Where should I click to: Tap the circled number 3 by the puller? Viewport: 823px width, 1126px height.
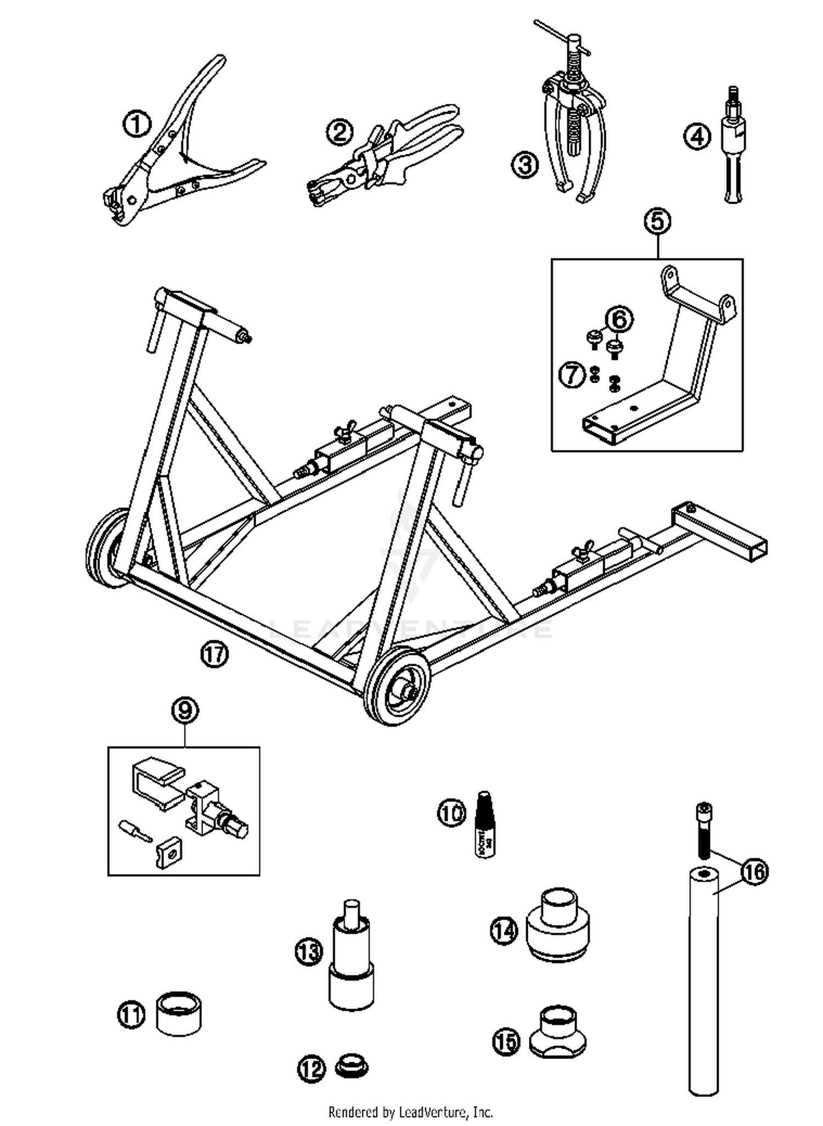pyautogui.click(x=525, y=164)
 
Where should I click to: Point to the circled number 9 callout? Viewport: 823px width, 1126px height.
pyautogui.click(x=184, y=711)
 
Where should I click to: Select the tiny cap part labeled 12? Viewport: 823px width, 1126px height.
pyautogui.click(x=351, y=1066)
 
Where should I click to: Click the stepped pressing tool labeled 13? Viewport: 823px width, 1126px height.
pyautogui.click(x=351, y=955)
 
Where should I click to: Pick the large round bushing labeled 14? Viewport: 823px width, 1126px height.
pyautogui.click(x=557, y=928)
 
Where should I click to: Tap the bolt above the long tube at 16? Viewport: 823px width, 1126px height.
pyautogui.click(x=704, y=829)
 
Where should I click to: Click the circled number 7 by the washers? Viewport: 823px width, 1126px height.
pyautogui.click(x=572, y=375)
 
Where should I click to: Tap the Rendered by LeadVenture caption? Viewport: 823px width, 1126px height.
pyautogui.click(x=410, y=1112)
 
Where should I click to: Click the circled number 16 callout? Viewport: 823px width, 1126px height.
pyautogui.click(x=755, y=871)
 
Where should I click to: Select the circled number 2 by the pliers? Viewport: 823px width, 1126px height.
pyautogui.click(x=340, y=132)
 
